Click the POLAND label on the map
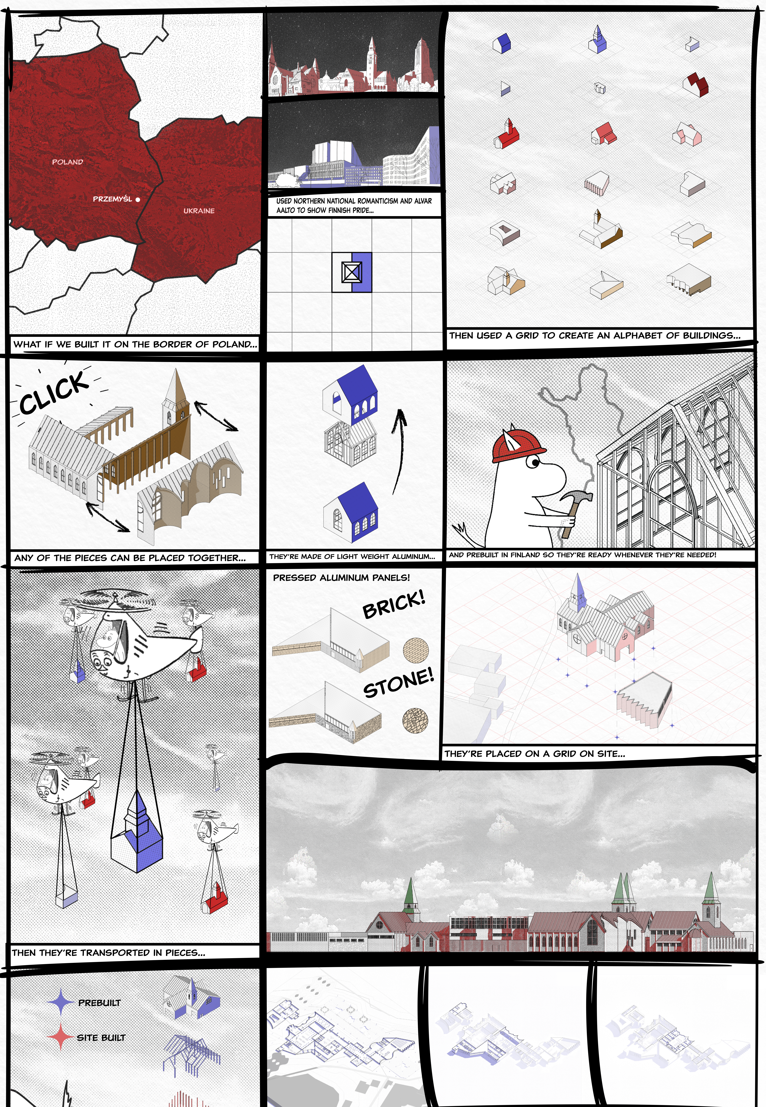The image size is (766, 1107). (x=68, y=162)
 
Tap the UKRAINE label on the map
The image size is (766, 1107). (x=199, y=211)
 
